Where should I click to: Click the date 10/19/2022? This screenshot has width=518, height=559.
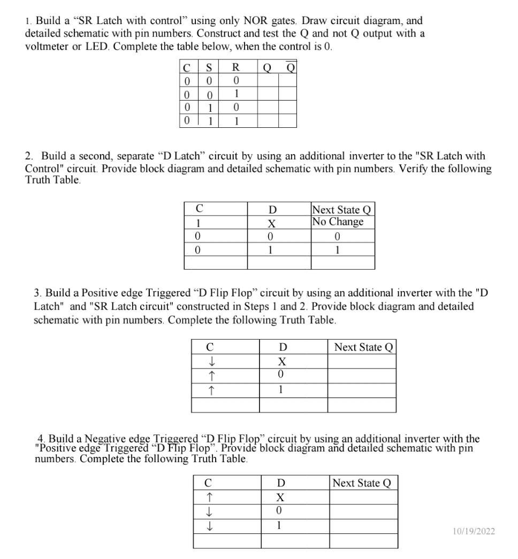(x=474, y=531)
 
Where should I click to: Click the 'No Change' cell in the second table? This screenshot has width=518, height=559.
(x=338, y=221)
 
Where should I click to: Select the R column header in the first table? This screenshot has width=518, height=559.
(x=235, y=68)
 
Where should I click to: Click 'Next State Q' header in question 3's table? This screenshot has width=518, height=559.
(x=363, y=347)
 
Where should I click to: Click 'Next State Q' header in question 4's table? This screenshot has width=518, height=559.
(x=362, y=483)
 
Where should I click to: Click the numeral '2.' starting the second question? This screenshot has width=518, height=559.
(x=29, y=156)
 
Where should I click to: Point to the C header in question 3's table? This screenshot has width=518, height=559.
(x=210, y=347)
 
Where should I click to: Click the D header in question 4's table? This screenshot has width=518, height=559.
(x=279, y=483)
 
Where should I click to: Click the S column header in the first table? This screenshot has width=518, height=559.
(x=209, y=68)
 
